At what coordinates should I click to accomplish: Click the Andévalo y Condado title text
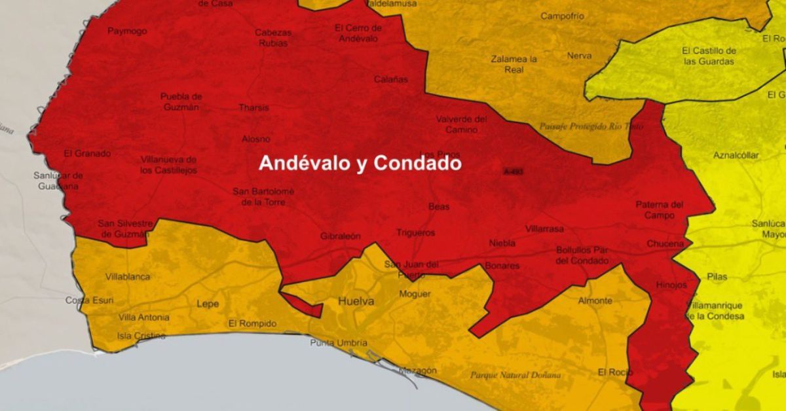pyautogui.click(x=360, y=163)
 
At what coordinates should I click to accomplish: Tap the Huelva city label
pyautogui.click(x=356, y=302)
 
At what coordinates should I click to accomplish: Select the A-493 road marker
pyautogui.click(x=514, y=171)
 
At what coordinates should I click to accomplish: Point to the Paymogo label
pyautogui.click(x=127, y=31)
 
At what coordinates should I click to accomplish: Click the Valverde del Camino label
pyautogui.click(x=462, y=124)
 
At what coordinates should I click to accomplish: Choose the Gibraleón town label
pyautogui.click(x=340, y=236)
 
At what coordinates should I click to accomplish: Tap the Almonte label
pyautogui.click(x=595, y=301)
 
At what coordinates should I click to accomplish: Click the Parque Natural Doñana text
pyautogui.click(x=515, y=375)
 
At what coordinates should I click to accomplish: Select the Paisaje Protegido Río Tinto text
pyautogui.click(x=582, y=126)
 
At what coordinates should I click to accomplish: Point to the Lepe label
pyautogui.click(x=208, y=304)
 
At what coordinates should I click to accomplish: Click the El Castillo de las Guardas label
pyautogui.click(x=709, y=56)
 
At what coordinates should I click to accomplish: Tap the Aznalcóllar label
pyautogui.click(x=736, y=155)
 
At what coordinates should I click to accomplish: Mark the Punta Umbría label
pyautogui.click(x=339, y=343)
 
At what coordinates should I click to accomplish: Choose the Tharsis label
pyautogui.click(x=253, y=107)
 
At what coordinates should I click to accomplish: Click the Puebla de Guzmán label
pyautogui.click(x=181, y=101)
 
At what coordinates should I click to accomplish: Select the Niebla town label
pyautogui.click(x=502, y=243)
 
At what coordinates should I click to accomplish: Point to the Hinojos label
pyautogui.click(x=671, y=285)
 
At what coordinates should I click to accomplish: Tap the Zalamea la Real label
pyautogui.click(x=514, y=64)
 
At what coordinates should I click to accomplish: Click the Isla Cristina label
pyautogui.click(x=141, y=336)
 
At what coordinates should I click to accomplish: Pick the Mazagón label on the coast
pyautogui.click(x=418, y=370)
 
